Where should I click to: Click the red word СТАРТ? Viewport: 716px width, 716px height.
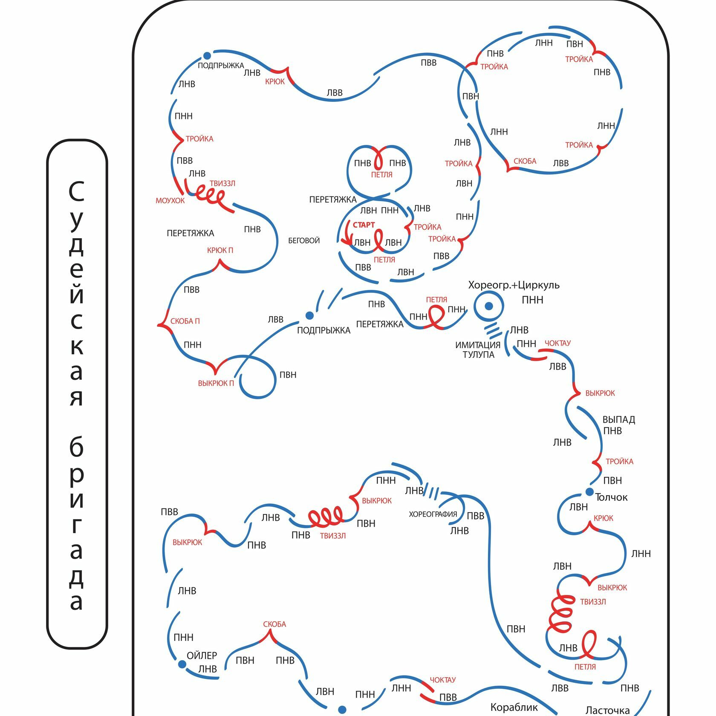point(364,225)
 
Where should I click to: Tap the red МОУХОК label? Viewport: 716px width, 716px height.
point(170,200)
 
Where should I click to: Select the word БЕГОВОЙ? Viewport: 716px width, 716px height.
point(304,240)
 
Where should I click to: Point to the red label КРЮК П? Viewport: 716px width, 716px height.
point(220,250)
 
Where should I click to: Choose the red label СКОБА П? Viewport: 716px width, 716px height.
point(185,321)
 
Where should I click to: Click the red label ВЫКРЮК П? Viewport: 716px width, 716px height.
point(216,383)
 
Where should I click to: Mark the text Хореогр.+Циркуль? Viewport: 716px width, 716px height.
point(514,285)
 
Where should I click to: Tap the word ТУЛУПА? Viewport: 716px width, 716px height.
point(479,355)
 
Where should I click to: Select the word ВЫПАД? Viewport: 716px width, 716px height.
point(618,420)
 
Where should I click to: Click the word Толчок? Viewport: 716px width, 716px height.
point(611,497)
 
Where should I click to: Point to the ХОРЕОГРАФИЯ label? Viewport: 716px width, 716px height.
point(433,514)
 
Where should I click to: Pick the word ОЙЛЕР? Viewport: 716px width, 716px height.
point(202,655)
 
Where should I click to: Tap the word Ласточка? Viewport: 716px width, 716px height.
point(607,710)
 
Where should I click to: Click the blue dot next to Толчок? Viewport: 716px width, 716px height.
point(589,492)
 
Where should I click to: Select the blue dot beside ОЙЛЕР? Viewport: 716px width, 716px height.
point(182,664)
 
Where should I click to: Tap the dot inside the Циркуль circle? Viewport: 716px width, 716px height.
point(489,306)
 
